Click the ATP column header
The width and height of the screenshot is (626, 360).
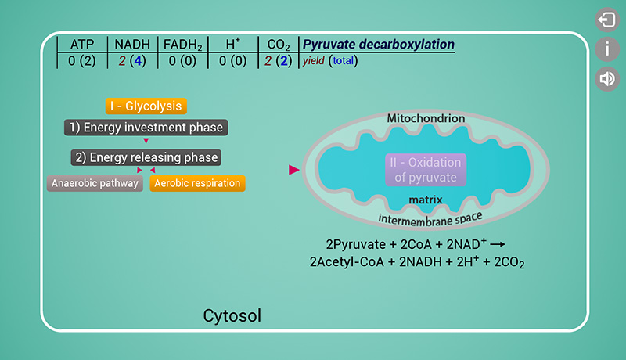(x=81, y=45)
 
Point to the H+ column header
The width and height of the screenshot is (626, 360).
(x=232, y=45)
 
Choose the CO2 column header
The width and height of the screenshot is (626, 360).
(x=279, y=45)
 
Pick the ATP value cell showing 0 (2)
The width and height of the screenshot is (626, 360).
(x=81, y=61)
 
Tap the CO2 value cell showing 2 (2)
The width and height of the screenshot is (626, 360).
(x=279, y=61)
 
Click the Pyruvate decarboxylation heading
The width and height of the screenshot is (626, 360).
(x=378, y=45)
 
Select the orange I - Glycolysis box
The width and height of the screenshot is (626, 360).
(x=146, y=106)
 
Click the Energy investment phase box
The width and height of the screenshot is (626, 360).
(x=146, y=128)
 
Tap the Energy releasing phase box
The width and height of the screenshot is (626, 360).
(x=146, y=157)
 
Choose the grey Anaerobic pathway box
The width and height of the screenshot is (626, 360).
(x=95, y=184)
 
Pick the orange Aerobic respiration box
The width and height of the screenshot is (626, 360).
(x=196, y=184)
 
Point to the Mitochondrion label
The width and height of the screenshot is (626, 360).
(x=426, y=118)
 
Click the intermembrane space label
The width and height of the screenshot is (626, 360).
(x=430, y=217)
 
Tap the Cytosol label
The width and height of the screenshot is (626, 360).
(x=232, y=316)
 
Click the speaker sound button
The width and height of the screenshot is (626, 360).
(x=606, y=78)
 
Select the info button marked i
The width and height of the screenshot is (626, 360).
(x=606, y=49)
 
